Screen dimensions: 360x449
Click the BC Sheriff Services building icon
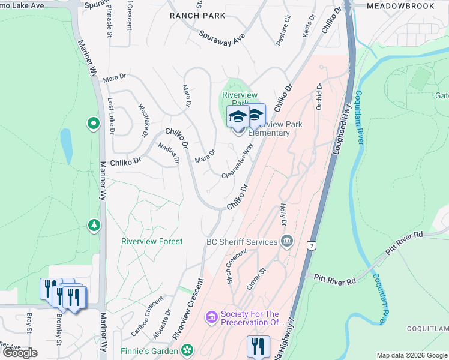[x=288, y=241]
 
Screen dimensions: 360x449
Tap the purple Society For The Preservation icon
[x=211, y=316]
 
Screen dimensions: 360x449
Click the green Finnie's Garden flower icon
[x=187, y=349]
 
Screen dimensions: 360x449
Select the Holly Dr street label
[x=283, y=215]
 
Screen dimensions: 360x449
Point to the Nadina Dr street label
[x=169, y=153]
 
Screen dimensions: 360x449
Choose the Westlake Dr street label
[x=143, y=121]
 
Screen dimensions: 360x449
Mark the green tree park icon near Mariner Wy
[x=94, y=225]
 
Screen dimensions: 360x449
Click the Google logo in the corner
[x=20, y=353]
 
